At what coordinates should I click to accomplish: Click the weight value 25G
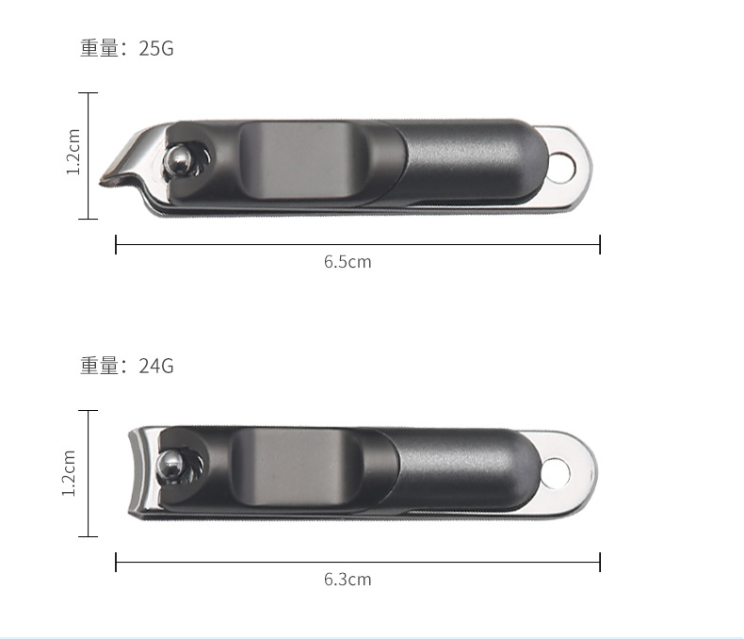[156, 48]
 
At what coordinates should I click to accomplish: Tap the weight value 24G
[156, 366]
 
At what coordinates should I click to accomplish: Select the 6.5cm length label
[348, 262]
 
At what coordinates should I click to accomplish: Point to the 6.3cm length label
[348, 580]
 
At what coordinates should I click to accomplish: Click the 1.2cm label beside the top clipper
[73, 152]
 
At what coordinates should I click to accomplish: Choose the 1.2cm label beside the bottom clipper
[70, 473]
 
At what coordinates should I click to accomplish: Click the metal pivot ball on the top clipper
[176, 159]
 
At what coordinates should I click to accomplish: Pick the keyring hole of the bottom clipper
[556, 473]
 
